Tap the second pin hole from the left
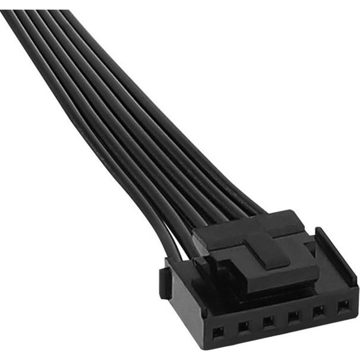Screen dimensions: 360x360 tap(243, 327)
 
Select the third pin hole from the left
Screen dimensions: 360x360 tap(268, 322)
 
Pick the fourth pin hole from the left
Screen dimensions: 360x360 tap(293, 316)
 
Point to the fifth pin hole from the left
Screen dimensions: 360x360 tap(319, 311)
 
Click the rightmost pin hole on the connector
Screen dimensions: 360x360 tap(343, 305)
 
